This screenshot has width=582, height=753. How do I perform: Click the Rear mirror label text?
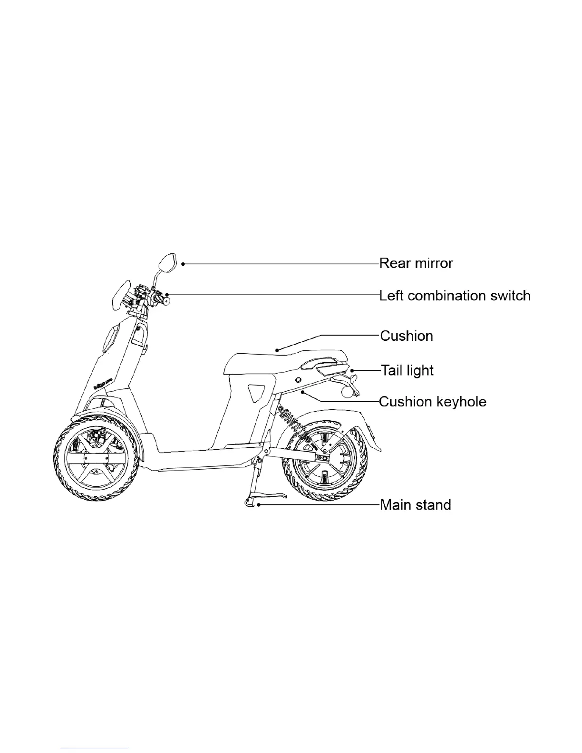click(416, 263)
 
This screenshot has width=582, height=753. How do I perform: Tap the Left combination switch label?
click(455, 296)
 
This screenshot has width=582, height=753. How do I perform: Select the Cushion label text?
click(407, 336)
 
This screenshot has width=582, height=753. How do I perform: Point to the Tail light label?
click(407, 370)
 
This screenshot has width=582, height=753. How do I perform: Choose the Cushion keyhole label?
click(433, 402)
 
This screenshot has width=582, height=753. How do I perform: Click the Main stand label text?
click(416, 504)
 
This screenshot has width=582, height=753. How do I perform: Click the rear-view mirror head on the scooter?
click(166, 263)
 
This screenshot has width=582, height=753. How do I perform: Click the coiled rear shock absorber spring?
click(294, 424)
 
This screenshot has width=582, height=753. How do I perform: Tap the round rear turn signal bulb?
click(348, 393)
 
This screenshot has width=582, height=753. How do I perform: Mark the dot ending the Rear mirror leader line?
click(183, 264)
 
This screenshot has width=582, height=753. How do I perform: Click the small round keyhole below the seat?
click(298, 380)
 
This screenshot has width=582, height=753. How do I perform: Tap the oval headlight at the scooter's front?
click(119, 294)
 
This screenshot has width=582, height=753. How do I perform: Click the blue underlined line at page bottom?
click(95, 748)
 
